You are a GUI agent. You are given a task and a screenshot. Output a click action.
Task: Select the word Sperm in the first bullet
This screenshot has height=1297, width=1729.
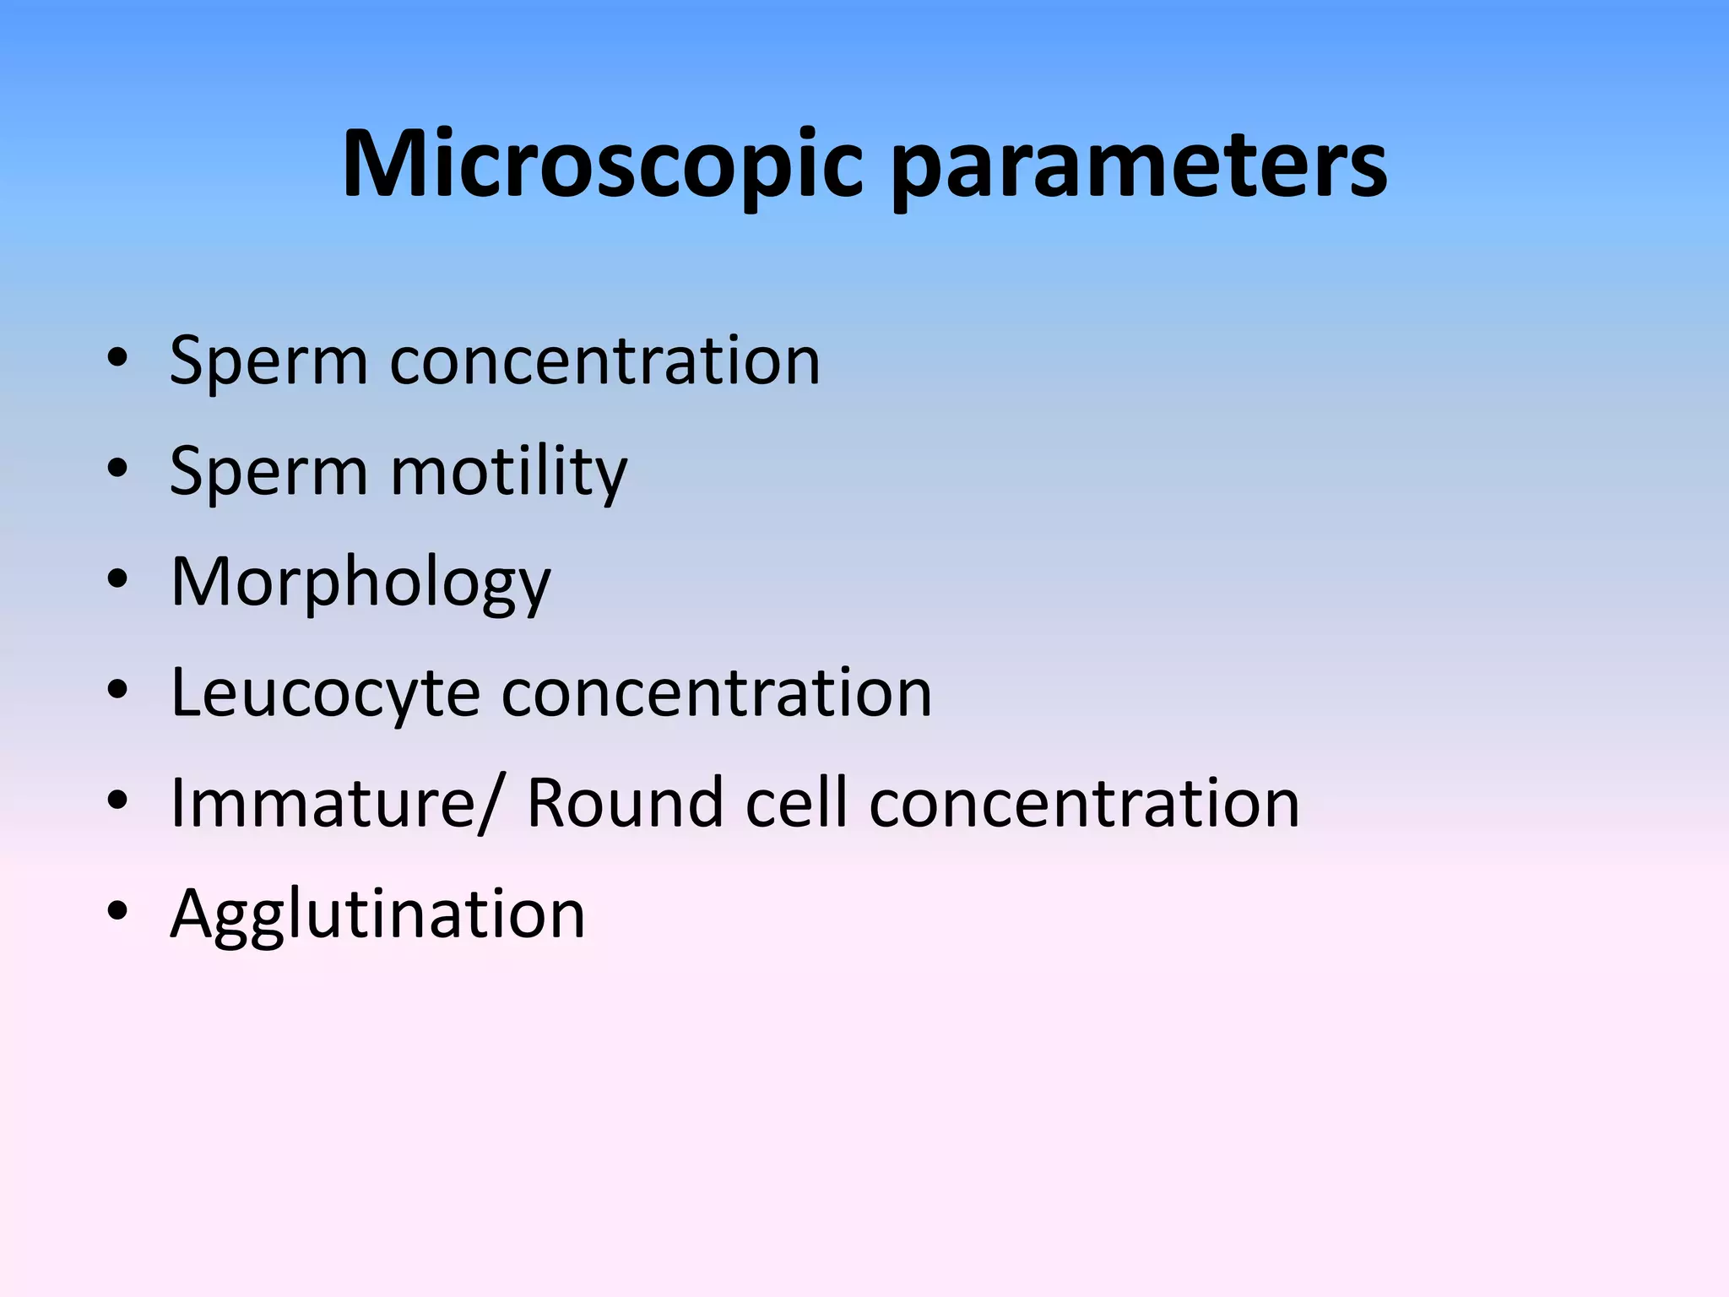pos(268,361)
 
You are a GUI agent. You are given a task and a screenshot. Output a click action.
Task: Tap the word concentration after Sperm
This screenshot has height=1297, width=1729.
pos(604,361)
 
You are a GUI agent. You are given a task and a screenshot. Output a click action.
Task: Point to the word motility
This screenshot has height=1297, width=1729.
pos(509,471)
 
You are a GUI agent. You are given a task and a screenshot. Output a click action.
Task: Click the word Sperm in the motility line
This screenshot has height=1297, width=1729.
pos(268,471)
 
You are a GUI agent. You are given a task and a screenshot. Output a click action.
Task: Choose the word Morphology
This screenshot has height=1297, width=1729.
pos(360,583)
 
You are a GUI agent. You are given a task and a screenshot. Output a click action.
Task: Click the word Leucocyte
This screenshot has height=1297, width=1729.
pos(325,693)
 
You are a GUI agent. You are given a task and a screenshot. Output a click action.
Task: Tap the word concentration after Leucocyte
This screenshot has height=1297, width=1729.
pos(717,693)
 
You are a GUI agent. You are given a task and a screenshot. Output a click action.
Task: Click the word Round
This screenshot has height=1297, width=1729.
pos(625,803)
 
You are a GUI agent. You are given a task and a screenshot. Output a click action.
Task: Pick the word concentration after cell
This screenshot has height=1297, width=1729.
pos(1084,803)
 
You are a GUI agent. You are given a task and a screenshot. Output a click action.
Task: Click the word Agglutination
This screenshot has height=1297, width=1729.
pos(377,914)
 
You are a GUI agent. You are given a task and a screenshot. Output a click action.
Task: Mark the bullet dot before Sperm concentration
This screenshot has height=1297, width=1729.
pos(117,358)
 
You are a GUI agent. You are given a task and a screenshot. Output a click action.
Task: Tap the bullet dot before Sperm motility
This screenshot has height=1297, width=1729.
pos(117,469)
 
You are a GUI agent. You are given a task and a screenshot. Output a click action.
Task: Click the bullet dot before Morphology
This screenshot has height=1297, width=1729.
pos(117,579)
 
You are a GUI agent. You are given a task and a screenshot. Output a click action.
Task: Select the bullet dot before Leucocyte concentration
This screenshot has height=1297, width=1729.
pos(117,690)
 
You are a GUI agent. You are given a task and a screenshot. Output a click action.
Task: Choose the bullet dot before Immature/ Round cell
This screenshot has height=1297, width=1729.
pos(117,800)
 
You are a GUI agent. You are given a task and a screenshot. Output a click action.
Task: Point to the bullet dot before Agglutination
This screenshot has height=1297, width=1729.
pos(117,911)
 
